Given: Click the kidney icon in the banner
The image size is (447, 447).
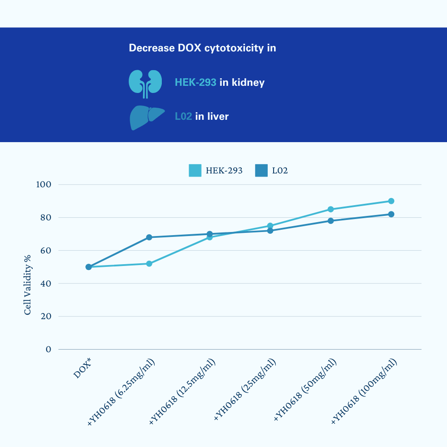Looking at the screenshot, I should (x=145, y=84).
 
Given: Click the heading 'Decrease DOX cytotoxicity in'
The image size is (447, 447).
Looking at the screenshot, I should (x=202, y=48).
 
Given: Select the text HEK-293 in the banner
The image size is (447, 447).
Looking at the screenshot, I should (x=195, y=83).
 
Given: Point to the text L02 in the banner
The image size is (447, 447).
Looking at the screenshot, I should (x=183, y=117).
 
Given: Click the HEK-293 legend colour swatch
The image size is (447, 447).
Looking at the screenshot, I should (x=195, y=170).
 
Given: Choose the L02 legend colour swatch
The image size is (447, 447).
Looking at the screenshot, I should (x=261, y=170).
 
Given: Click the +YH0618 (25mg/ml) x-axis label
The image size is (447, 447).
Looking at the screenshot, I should (x=245, y=390).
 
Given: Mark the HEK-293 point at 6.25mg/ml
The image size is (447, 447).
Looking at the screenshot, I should (x=149, y=264).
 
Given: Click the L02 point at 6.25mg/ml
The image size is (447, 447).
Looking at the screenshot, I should (x=149, y=237).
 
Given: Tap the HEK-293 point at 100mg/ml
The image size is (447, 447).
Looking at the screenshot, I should (x=391, y=201).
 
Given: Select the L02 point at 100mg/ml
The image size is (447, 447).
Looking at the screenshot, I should (x=391, y=214).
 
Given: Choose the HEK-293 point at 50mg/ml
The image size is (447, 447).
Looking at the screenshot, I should (x=331, y=209).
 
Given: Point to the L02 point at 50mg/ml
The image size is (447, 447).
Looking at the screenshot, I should (x=331, y=221).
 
